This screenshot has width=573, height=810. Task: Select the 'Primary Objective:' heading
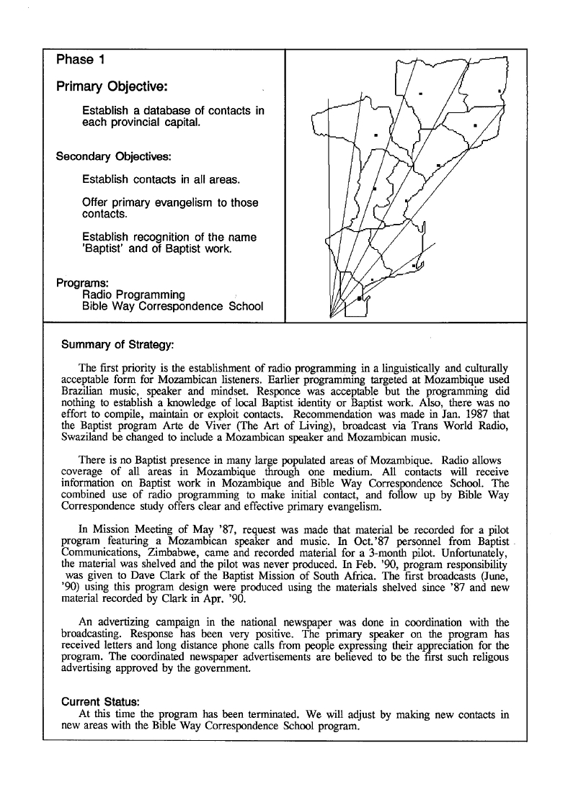click(x=112, y=87)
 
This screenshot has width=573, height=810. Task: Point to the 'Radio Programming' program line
click(x=133, y=294)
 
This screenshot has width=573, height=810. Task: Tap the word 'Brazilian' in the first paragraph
click(x=84, y=391)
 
